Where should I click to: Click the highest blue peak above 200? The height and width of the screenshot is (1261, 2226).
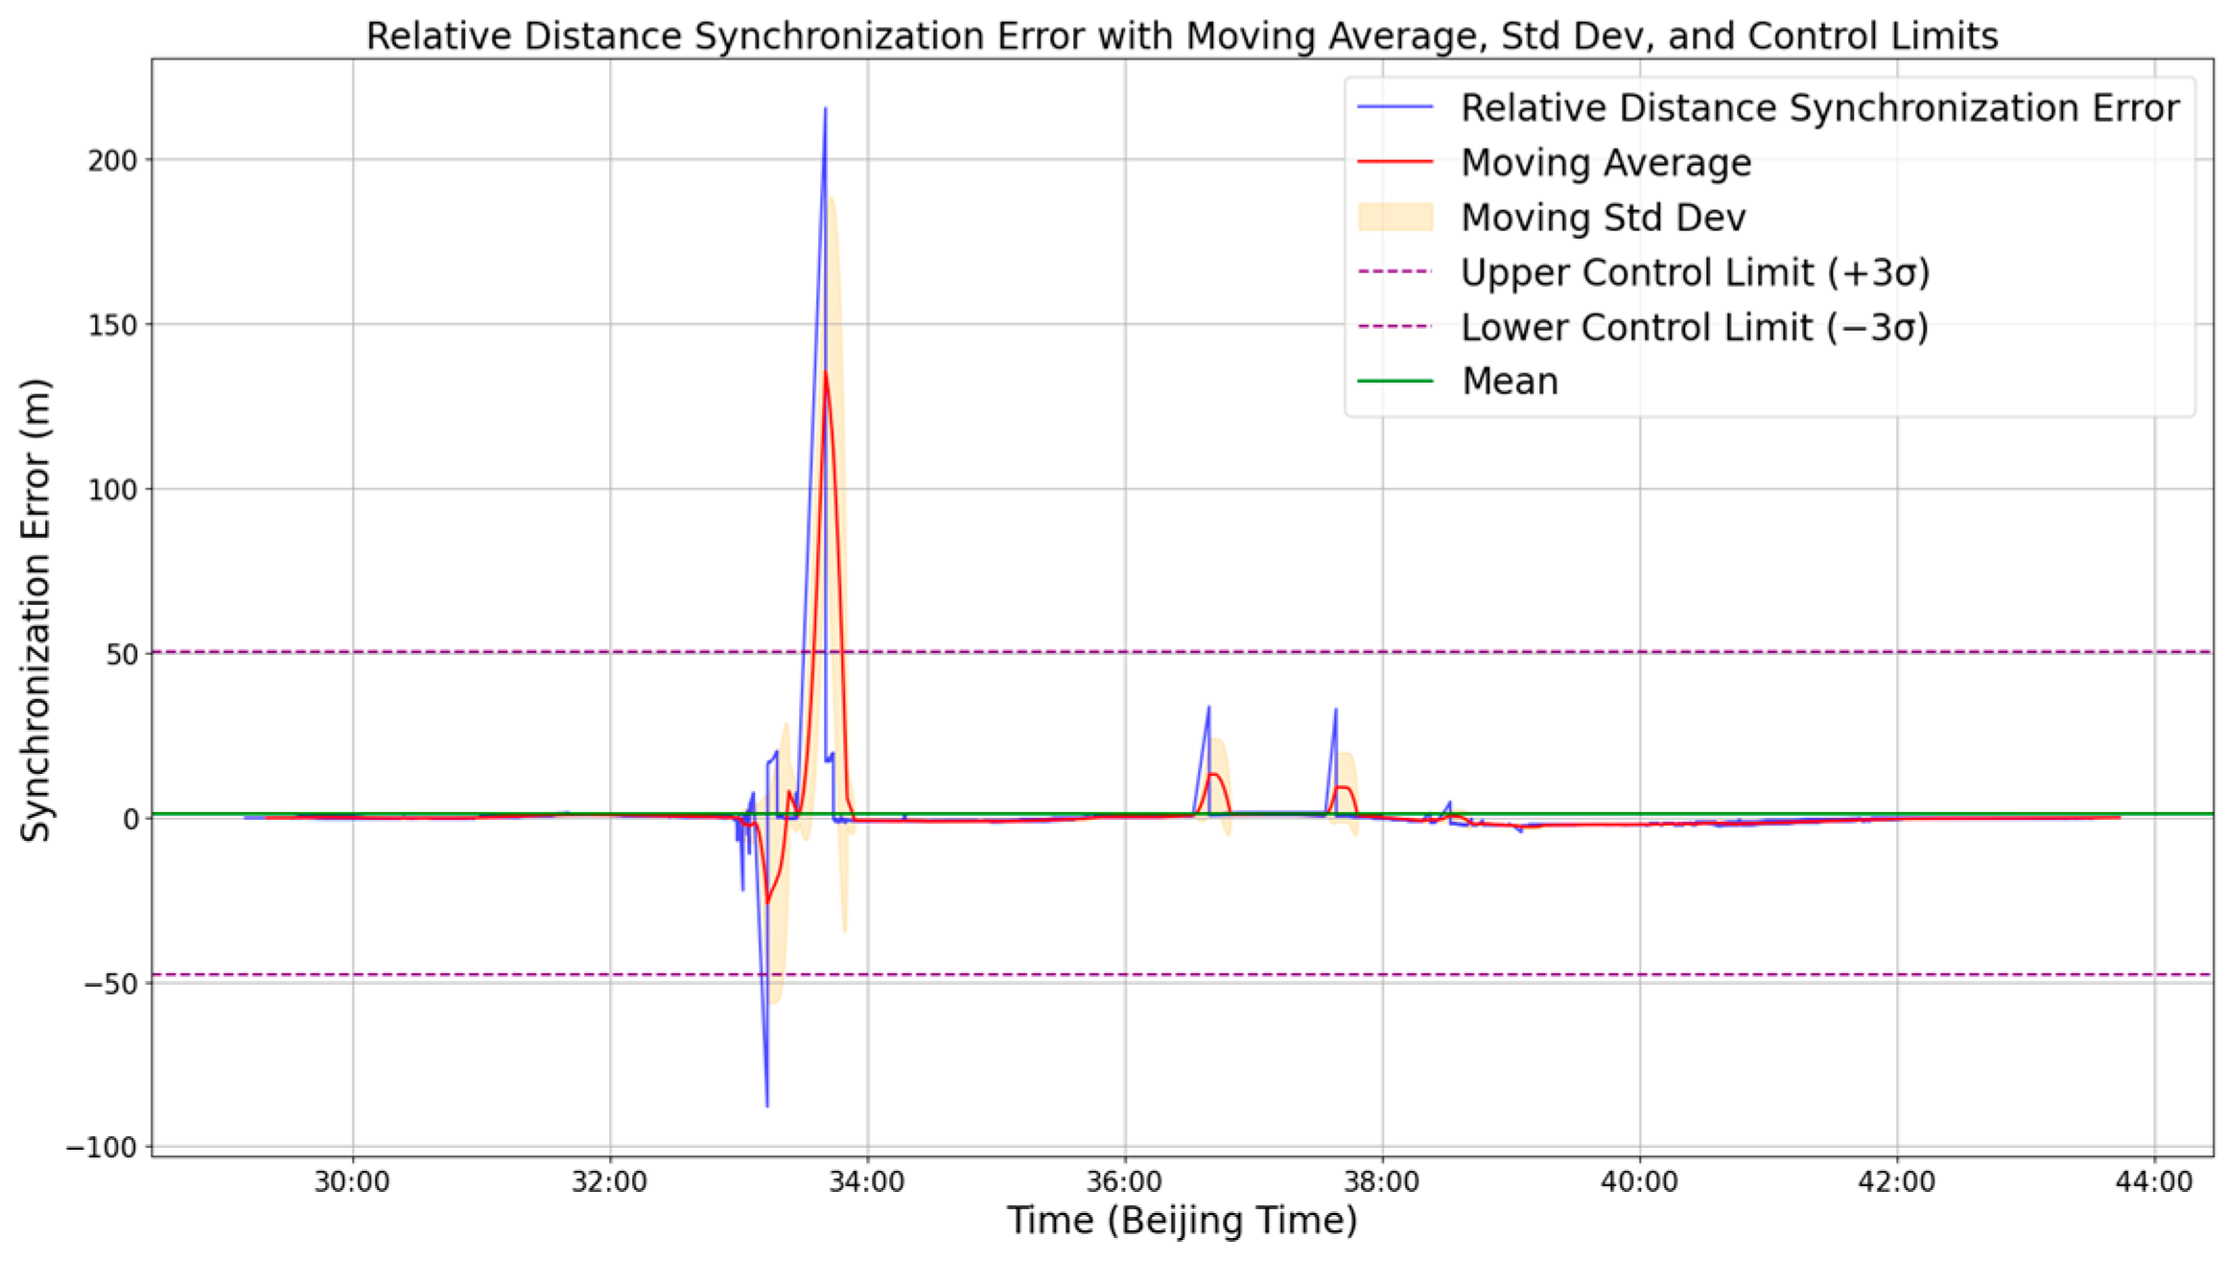pyautogui.click(x=825, y=109)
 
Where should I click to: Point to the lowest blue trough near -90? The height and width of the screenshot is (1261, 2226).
pyautogui.click(x=766, y=1105)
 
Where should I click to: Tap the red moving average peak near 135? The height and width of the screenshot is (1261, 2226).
pyautogui.click(x=825, y=374)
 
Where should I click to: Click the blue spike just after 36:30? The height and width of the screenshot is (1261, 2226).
pyautogui.click(x=1208, y=709)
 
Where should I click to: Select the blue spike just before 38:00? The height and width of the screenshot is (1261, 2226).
pyautogui.click(x=1335, y=712)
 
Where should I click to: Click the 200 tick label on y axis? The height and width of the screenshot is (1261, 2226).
pyautogui.click(x=112, y=160)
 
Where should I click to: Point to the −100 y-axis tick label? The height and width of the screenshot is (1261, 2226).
pyautogui.click(x=103, y=1148)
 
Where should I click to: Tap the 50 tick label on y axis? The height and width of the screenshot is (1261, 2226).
pyautogui.click(x=122, y=654)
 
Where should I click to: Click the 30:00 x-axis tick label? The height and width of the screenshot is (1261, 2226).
pyautogui.click(x=352, y=1181)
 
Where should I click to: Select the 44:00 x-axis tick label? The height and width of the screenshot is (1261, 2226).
pyautogui.click(x=2154, y=1181)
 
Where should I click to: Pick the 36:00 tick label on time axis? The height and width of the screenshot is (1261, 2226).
pyautogui.click(x=1125, y=1181)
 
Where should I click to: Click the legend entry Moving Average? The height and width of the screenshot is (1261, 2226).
pyautogui.click(x=1605, y=163)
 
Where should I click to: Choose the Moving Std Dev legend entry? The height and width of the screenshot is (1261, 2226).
pyautogui.click(x=1603, y=218)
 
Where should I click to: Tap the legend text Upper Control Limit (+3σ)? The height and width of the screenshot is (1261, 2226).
pyautogui.click(x=1694, y=272)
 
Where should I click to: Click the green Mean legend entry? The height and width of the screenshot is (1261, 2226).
pyautogui.click(x=1510, y=382)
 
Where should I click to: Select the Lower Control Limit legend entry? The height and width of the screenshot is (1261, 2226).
pyautogui.click(x=1694, y=327)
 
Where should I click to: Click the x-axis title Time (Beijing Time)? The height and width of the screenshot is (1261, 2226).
pyautogui.click(x=1182, y=1222)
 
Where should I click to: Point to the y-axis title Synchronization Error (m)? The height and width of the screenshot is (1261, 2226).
pyautogui.click(x=35, y=611)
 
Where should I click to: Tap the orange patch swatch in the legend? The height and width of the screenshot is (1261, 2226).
pyautogui.click(x=1395, y=218)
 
